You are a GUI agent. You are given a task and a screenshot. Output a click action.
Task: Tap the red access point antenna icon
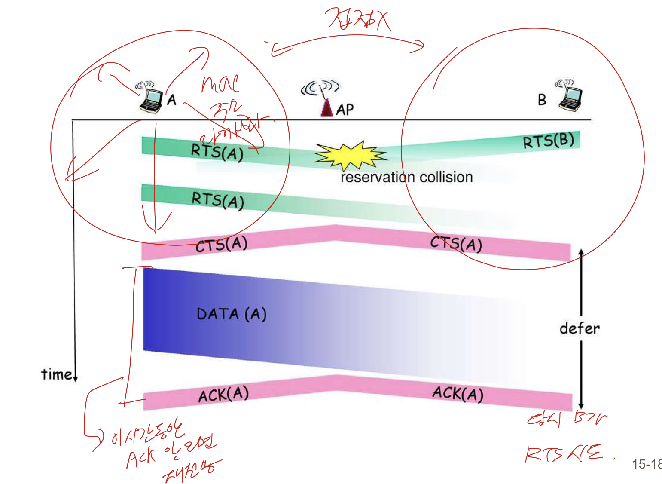(326, 107)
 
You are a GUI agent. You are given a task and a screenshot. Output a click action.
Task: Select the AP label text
(345, 110)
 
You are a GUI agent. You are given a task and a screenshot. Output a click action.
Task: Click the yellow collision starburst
(350, 156)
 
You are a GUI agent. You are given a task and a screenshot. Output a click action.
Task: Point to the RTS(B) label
(548, 141)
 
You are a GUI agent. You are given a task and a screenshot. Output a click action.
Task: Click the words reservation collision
(406, 177)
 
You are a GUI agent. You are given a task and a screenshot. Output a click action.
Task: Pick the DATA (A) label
(232, 314)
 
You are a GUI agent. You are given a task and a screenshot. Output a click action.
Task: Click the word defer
(580, 328)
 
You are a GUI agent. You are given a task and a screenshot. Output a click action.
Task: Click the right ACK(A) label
(458, 393)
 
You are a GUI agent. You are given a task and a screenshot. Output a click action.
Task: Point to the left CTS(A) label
(221, 245)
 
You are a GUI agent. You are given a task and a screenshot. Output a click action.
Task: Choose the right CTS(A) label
(456, 244)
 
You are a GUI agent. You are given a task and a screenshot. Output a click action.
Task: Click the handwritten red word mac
(220, 84)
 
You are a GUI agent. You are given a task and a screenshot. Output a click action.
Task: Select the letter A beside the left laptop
(171, 100)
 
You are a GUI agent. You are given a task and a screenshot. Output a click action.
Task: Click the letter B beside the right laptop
(542, 100)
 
